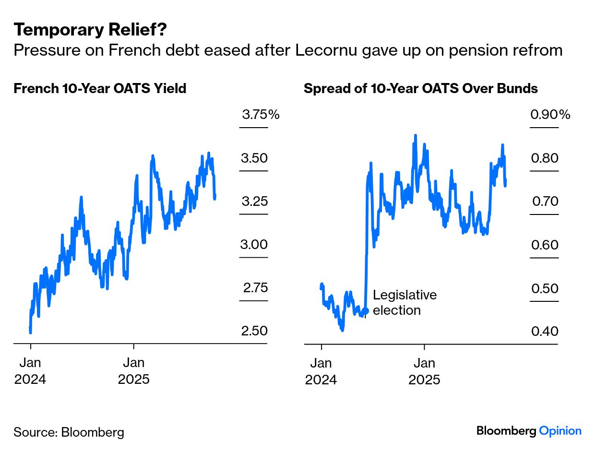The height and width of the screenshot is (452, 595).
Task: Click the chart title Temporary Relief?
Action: click(x=90, y=30)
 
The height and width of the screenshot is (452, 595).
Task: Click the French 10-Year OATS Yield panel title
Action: click(x=100, y=89)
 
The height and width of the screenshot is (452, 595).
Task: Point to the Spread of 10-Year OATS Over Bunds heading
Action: click(x=421, y=89)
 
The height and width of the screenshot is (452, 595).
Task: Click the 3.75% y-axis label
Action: click(x=260, y=115)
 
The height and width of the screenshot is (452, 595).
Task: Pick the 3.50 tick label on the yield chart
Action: click(x=254, y=158)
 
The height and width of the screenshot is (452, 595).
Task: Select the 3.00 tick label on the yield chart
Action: click(x=254, y=245)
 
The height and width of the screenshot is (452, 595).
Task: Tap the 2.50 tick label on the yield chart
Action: click(x=254, y=331)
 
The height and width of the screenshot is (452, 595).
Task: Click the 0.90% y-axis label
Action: click(x=550, y=115)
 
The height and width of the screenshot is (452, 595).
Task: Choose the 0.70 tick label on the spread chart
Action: click(x=545, y=201)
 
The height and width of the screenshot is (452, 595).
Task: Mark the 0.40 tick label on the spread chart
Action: click(x=545, y=331)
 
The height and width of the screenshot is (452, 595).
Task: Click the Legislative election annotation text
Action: click(x=405, y=302)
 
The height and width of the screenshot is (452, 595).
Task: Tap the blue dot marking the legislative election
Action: click(x=366, y=310)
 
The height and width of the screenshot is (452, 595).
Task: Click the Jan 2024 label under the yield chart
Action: click(x=30, y=371)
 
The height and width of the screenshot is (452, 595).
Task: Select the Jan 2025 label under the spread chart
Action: click(x=424, y=371)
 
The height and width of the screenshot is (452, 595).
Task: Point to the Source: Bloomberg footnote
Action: click(x=69, y=432)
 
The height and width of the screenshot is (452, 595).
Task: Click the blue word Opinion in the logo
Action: click(x=560, y=431)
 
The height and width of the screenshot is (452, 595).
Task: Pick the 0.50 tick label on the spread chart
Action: click(x=545, y=288)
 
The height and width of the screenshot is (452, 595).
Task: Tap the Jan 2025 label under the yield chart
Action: click(x=134, y=371)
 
